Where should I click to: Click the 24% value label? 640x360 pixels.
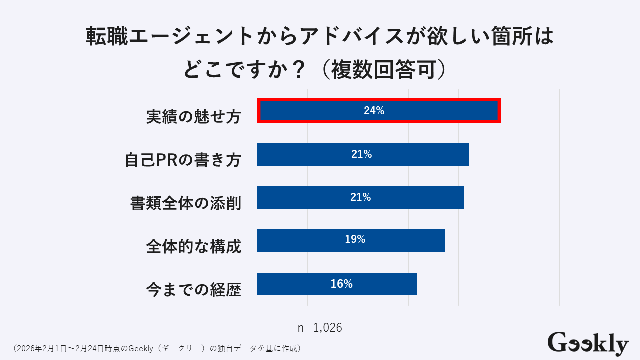click(x=374, y=111)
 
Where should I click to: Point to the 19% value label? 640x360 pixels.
click(x=355, y=240)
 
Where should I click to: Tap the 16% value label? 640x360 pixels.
click(x=341, y=284)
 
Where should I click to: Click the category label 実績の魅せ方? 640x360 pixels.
click(x=194, y=116)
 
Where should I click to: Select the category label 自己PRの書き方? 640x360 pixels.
click(x=183, y=160)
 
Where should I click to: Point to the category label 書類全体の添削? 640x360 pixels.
click(x=186, y=203)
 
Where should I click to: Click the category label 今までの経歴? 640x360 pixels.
click(x=194, y=289)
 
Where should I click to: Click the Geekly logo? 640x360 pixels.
click(x=588, y=344)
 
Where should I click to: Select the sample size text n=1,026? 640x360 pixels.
click(x=320, y=328)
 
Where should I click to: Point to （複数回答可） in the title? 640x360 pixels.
click(x=381, y=70)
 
